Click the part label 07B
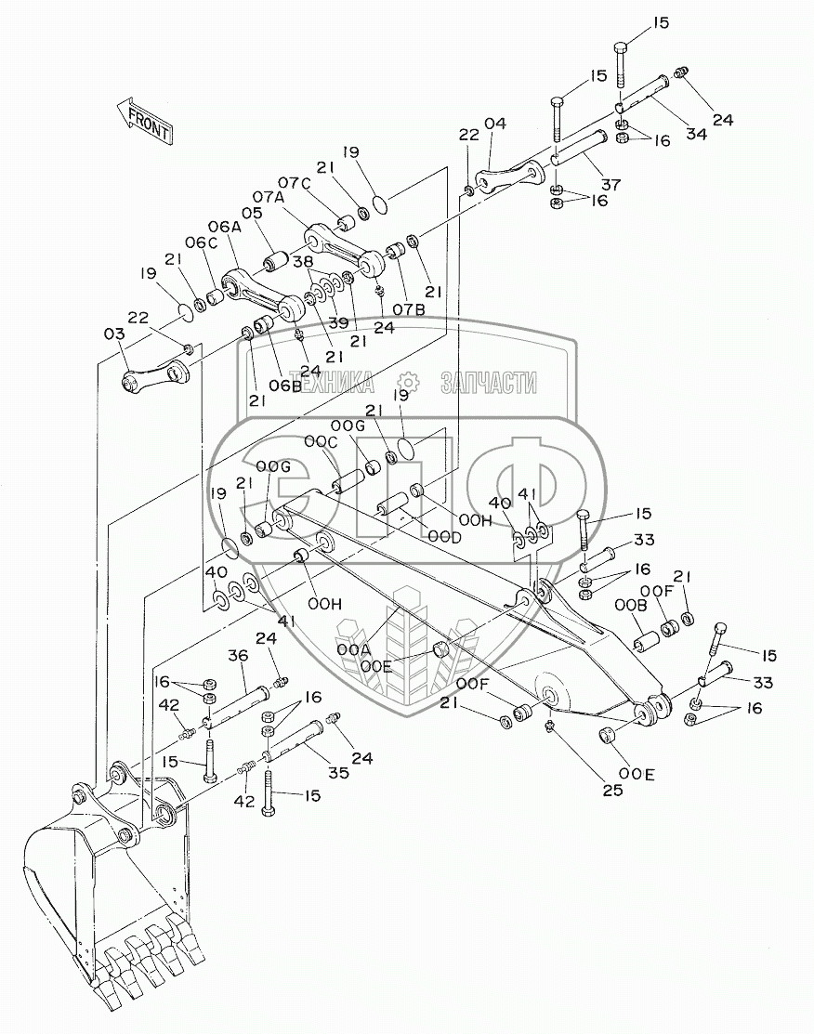[x=408, y=308]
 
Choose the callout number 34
[x=696, y=134]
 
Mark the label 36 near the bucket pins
[x=239, y=655]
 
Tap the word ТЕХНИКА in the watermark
[x=335, y=381]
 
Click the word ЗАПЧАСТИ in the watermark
[x=489, y=381]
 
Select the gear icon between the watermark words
[x=406, y=381]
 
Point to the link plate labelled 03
[x=156, y=374]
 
